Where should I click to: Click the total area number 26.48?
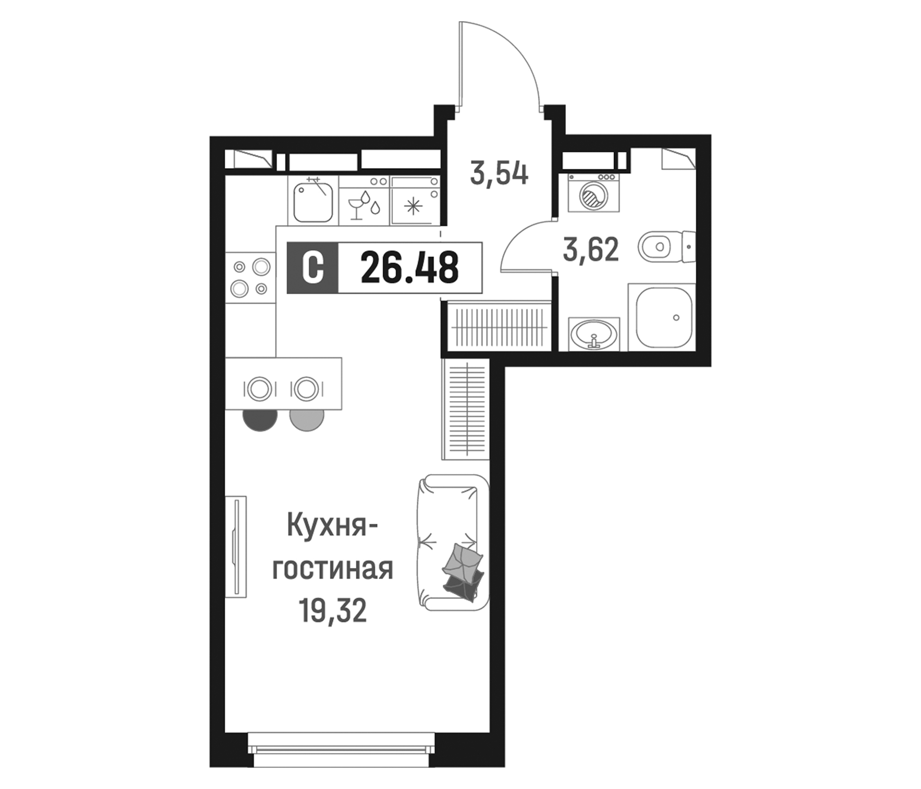409,267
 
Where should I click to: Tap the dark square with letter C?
312,267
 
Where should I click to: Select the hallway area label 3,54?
499,174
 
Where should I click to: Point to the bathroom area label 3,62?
590,250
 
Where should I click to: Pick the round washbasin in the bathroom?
593,334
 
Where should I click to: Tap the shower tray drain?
676,318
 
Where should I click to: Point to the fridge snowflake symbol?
413,205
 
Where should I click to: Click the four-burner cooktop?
250,277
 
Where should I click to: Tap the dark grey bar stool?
260,419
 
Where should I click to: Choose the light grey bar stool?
307,419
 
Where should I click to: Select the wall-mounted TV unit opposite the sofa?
236,547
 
